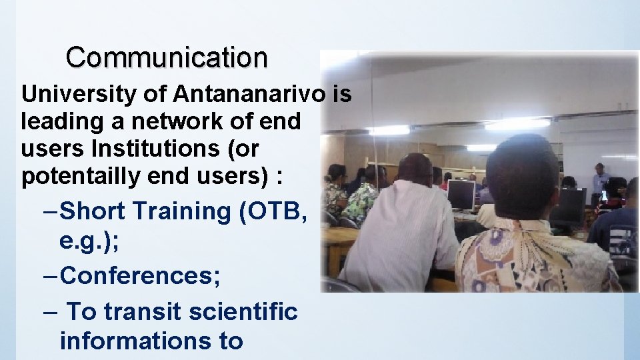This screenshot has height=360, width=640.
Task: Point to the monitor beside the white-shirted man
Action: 461,194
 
